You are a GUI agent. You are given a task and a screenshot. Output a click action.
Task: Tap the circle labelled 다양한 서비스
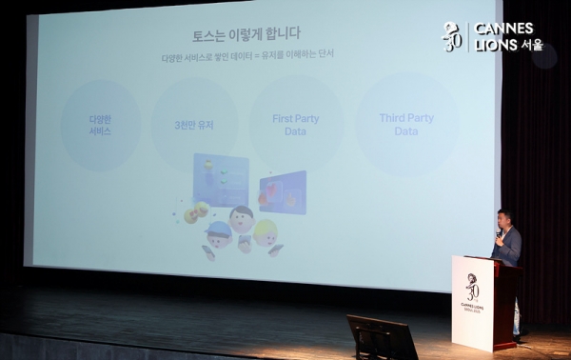(100, 126)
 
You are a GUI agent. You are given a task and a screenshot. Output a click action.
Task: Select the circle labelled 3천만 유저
(193, 126)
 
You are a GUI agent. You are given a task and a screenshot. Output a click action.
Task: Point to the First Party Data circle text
(295, 125)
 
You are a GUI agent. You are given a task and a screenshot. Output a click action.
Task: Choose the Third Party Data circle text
(406, 125)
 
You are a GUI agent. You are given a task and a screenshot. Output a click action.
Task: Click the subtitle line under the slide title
(246, 56)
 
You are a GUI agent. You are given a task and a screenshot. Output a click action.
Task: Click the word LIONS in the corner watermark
(496, 44)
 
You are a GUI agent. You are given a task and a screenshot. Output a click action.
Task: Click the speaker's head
(503, 218)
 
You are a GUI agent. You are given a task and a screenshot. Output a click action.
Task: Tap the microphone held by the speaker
(497, 233)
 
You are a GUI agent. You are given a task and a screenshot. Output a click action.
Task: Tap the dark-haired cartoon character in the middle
(242, 218)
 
